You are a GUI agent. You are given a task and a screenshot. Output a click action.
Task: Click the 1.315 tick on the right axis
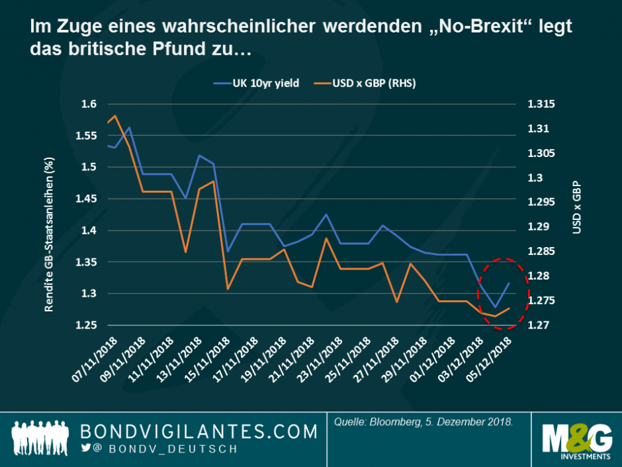(x=539, y=104)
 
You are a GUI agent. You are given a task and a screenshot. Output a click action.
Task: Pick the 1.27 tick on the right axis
(x=537, y=325)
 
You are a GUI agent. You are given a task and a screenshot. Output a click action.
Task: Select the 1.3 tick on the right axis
(x=534, y=178)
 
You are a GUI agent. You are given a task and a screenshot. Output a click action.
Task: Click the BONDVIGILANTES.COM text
(x=199, y=432)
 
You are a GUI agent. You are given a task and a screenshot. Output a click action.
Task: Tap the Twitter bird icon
(x=85, y=448)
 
